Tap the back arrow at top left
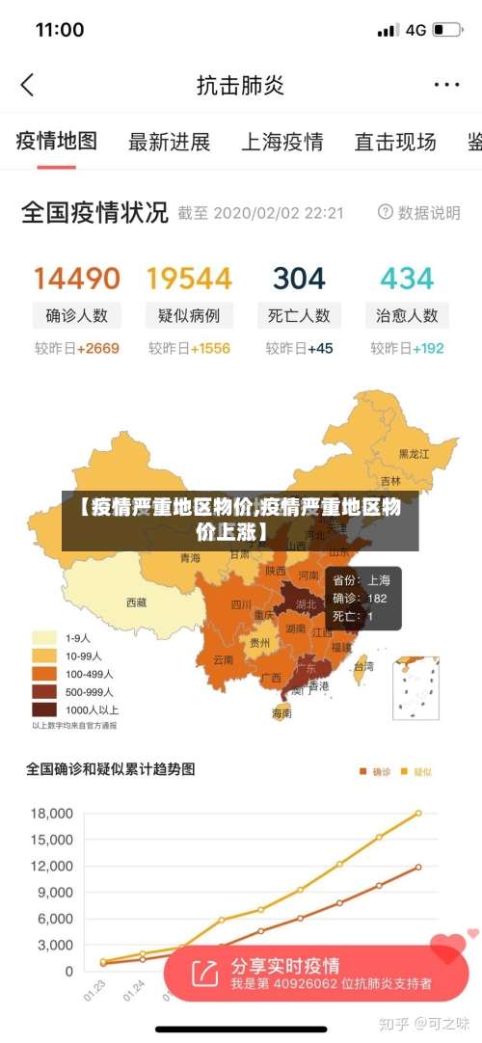pos(27,85)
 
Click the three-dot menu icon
pos(446,85)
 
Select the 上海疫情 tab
pos(281,143)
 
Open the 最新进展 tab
pos(169,143)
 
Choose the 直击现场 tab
pos(395,143)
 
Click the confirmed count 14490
pos(77,279)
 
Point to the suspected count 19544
pos(189,279)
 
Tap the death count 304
pos(299,279)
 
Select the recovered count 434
pos(407,279)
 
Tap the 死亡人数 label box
pos(299,315)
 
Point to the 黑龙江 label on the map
pos(415,453)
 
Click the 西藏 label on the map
pos(137,602)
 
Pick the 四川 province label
pos(241,604)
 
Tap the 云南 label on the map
pos(224,660)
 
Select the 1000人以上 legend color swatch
pos(45,709)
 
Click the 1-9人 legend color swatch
pos(45,637)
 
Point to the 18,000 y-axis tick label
pos(52,814)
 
